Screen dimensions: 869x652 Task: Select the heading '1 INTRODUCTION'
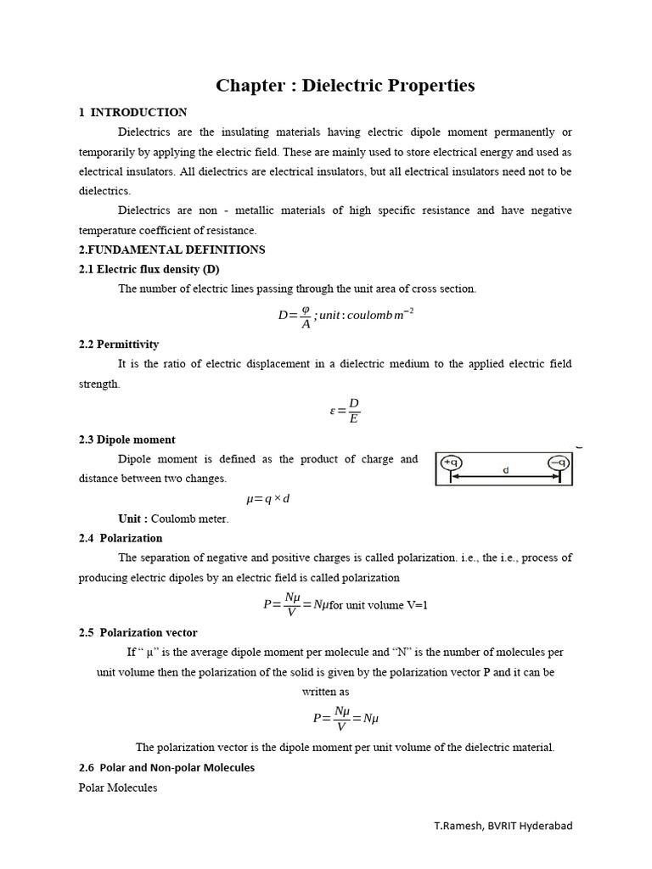coord(133,112)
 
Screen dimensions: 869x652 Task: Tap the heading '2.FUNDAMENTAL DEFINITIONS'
coord(171,249)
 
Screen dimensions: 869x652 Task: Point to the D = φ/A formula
coord(346,317)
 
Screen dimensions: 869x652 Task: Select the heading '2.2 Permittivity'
coord(119,345)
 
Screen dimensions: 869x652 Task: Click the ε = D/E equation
coord(346,410)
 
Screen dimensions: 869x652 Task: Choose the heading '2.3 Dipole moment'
coord(126,440)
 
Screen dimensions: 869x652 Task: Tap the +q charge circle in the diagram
coord(450,463)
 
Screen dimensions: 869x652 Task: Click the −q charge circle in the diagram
coord(558,463)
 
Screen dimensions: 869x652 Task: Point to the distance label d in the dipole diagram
coord(505,470)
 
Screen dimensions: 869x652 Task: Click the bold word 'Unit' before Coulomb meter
coord(132,519)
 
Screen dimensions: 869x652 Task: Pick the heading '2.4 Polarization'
coord(121,538)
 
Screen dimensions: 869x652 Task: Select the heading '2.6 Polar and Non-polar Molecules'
coord(166,767)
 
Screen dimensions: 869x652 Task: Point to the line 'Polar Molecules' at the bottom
coord(118,788)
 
